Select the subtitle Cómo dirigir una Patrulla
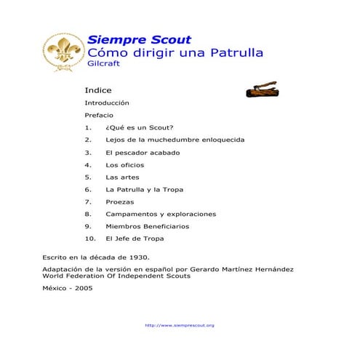coord(175,53)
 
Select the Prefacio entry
coord(98,115)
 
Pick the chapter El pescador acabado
coord(142,153)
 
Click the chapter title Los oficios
coord(125,165)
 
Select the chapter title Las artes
coord(121,177)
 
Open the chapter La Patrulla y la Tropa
coord(144,189)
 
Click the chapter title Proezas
coord(119,201)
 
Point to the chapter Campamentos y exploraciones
coord(161,214)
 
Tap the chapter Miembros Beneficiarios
coord(147,226)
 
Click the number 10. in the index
coord(90,239)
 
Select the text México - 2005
coord(68,288)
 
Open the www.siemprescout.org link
coord(180,325)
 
